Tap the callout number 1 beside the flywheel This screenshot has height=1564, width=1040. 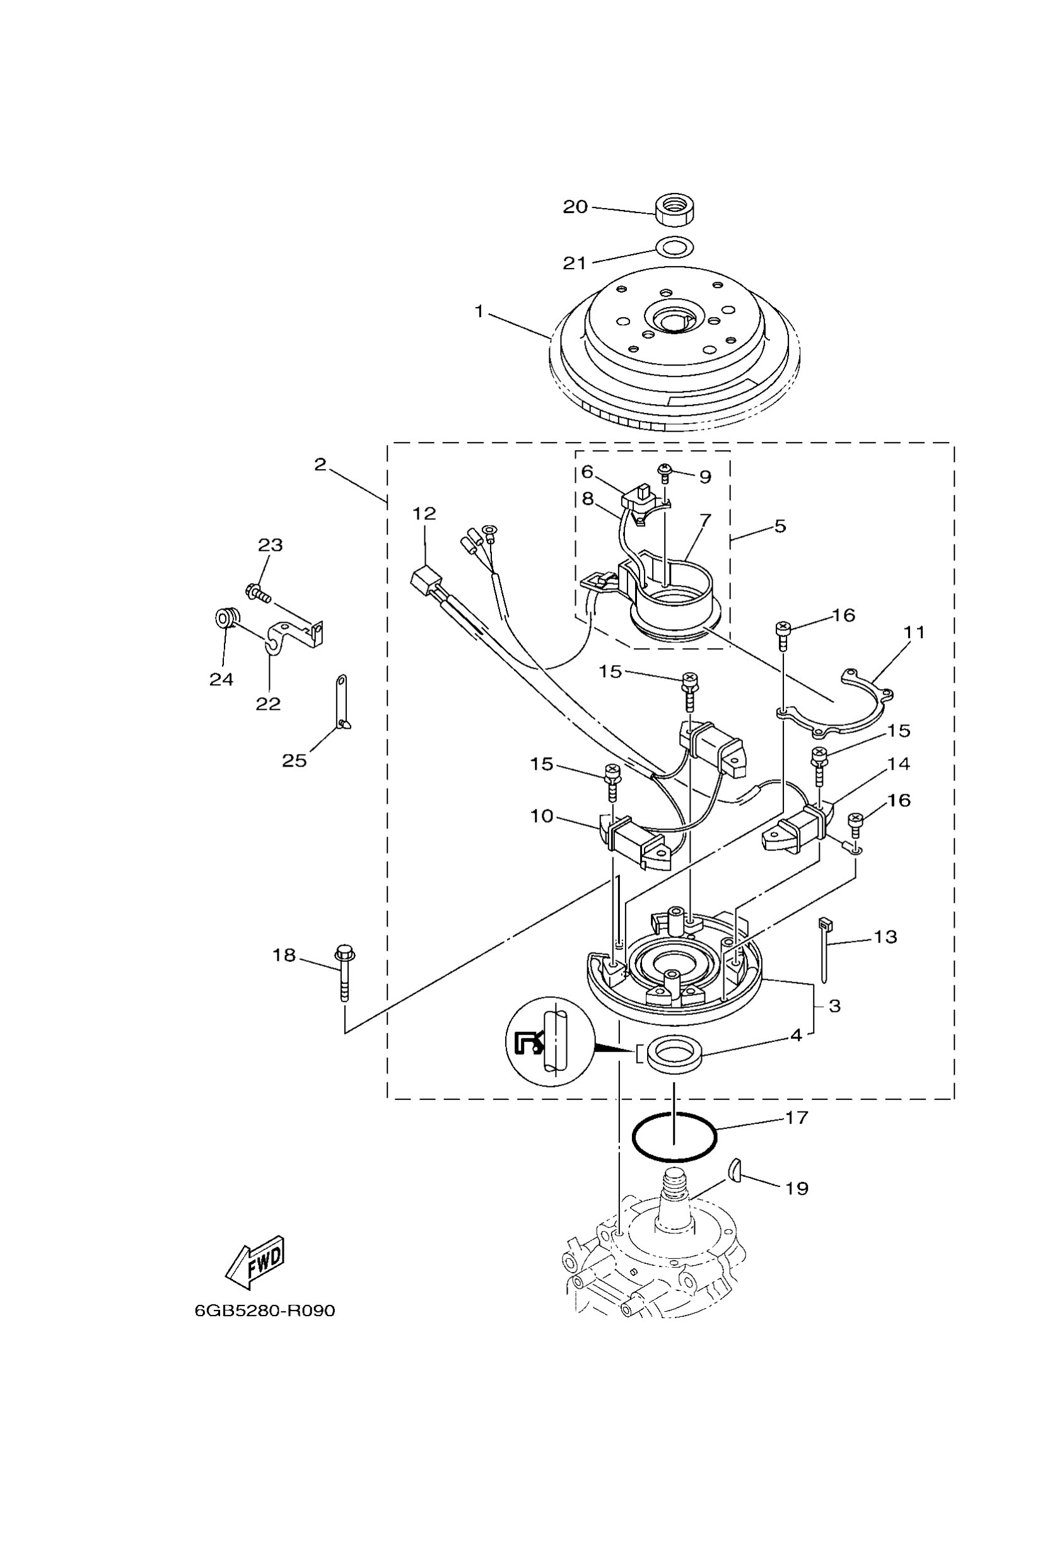pyautogui.click(x=479, y=311)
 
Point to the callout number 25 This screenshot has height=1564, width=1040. pyautogui.click(x=294, y=760)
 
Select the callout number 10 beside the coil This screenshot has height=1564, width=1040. pyautogui.click(x=541, y=816)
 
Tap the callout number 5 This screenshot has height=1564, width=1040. pyautogui.click(x=780, y=526)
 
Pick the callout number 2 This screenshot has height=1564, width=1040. pyautogui.click(x=320, y=465)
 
